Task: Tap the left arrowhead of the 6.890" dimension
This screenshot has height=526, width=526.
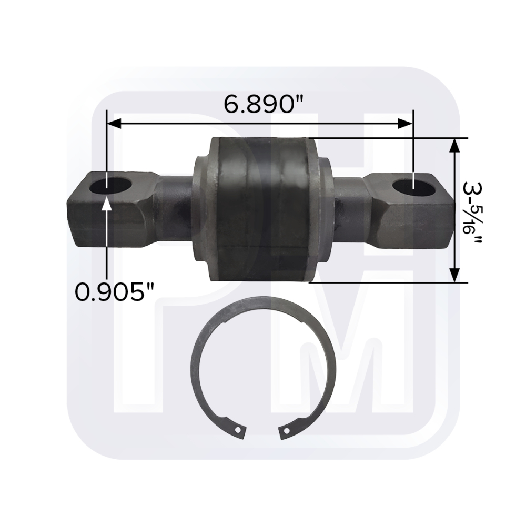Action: tap(114, 124)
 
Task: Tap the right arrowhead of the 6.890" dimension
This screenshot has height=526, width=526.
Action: tap(405, 124)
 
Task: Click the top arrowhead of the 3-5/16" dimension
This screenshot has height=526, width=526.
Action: tap(454, 146)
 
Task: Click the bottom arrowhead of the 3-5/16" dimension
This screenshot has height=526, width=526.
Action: tap(454, 275)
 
